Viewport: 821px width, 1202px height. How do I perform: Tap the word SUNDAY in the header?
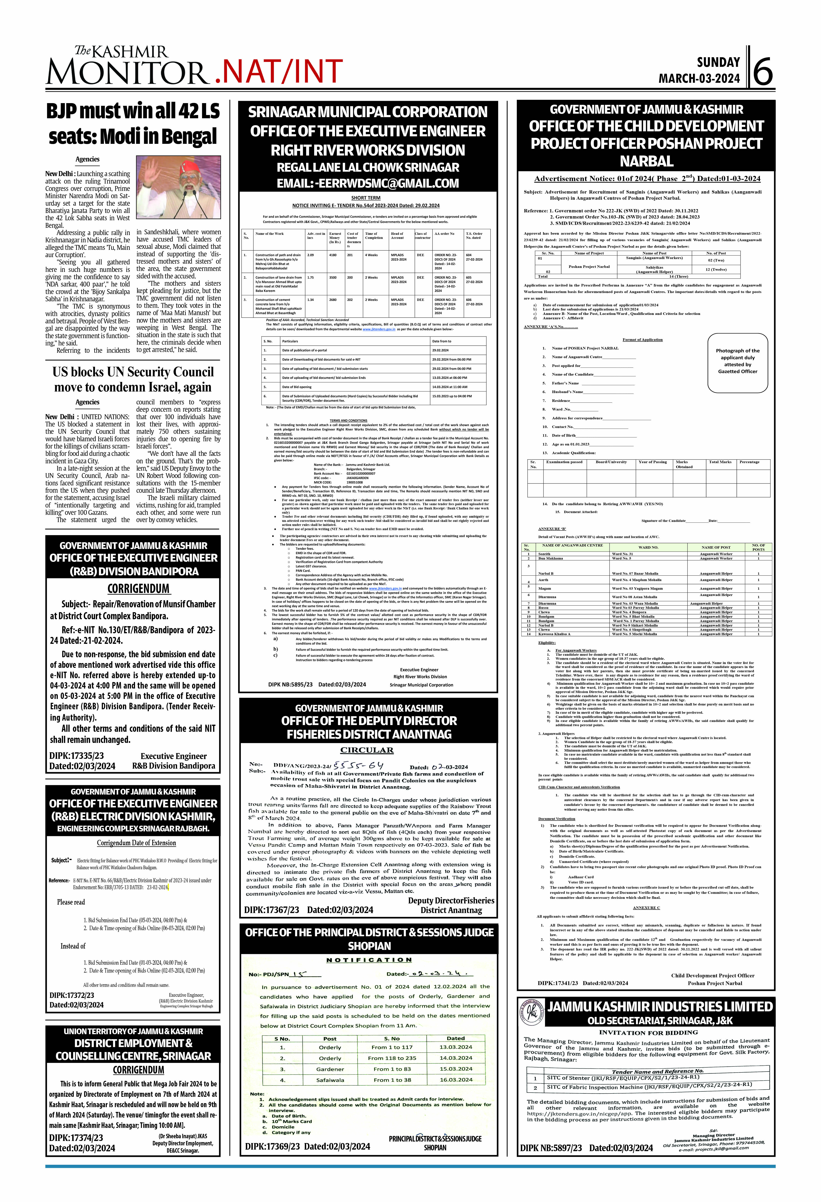718,63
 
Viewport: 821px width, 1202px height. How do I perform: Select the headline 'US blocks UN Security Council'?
133,372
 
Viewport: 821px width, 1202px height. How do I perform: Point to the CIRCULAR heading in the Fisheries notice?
367,750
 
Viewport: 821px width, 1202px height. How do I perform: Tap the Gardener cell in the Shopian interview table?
330,1069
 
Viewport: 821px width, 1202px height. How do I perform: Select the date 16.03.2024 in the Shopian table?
456,1079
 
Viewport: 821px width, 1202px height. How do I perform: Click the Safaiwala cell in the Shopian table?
330,1079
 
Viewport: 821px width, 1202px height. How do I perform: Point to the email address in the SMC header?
368,183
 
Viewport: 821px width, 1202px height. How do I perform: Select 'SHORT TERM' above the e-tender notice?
366,198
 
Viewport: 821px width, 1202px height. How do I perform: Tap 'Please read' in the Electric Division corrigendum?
71,902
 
